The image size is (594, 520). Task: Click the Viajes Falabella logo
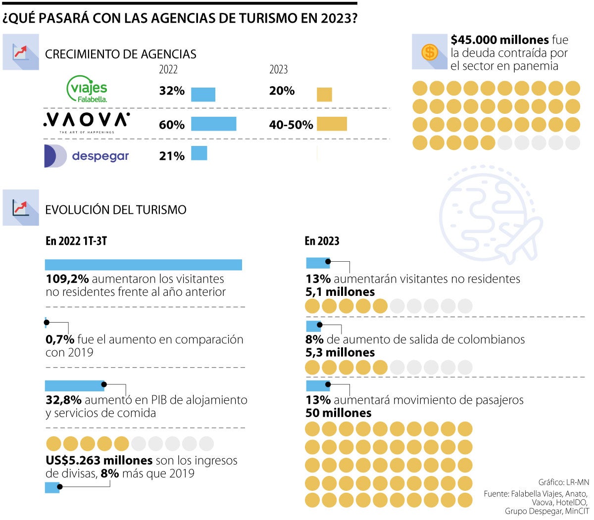point(87,90)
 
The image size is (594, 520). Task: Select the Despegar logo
point(87,156)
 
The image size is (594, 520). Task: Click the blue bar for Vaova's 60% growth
point(213,124)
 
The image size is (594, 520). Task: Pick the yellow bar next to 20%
point(324,94)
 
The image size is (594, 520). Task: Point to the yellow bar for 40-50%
point(332,124)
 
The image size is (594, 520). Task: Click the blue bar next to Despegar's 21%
point(199,153)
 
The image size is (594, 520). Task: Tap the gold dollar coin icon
point(429,51)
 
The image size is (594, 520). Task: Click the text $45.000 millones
point(499,40)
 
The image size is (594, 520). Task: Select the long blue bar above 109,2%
point(143,265)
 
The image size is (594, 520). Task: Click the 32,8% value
point(63,400)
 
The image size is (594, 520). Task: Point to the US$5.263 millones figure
point(99,461)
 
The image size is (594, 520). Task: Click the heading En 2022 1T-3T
point(76,241)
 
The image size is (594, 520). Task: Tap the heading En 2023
point(322,241)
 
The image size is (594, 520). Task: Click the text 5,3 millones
point(340,353)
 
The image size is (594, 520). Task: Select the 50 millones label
point(338,413)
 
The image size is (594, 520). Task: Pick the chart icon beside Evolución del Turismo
point(21,208)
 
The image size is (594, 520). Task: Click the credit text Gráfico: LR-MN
point(563,482)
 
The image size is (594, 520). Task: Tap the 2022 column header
point(168,69)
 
